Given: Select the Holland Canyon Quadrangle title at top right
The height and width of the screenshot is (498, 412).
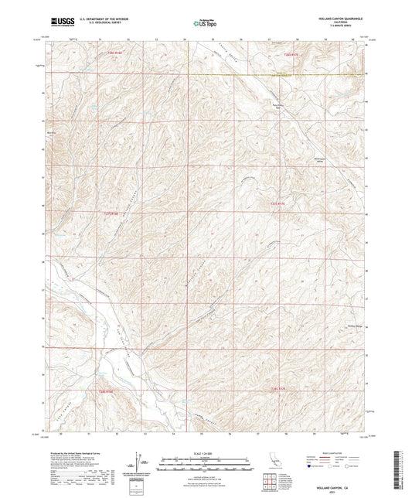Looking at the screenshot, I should point(339,19).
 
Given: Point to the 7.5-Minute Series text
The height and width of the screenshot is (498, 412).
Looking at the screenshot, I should point(339,26).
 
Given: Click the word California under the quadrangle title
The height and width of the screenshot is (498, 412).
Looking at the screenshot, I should point(339,22).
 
